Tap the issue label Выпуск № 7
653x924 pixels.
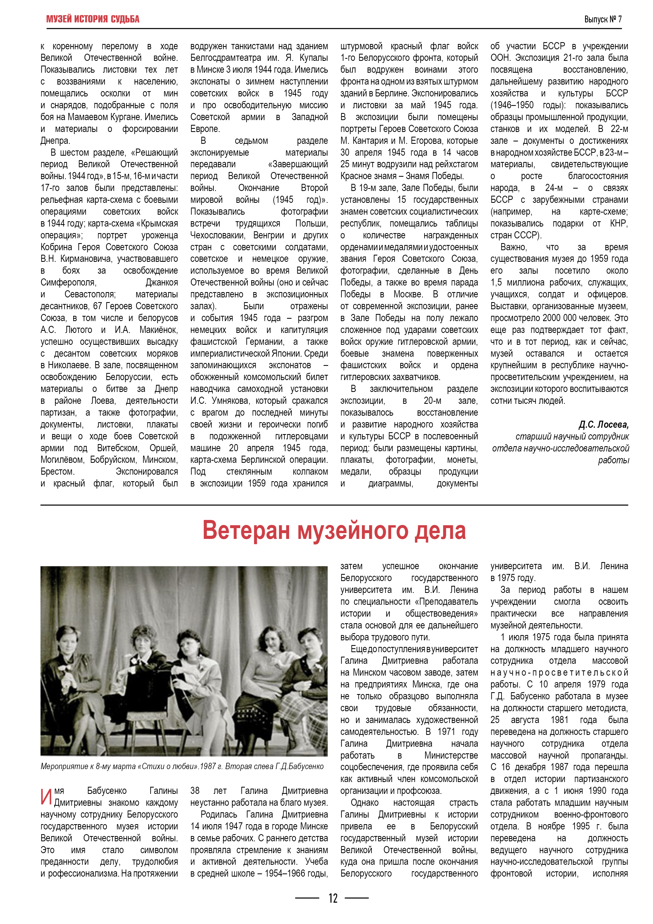pyautogui.click(x=603, y=19)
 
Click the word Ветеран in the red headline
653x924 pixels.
pyautogui.click(x=246, y=530)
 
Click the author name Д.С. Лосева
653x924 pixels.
pyautogui.click(x=603, y=425)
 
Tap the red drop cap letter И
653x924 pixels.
pyautogui.click(x=46, y=797)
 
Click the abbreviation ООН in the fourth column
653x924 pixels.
pyautogui.click(x=500, y=58)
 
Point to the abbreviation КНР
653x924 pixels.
pyautogui.click(x=619, y=223)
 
